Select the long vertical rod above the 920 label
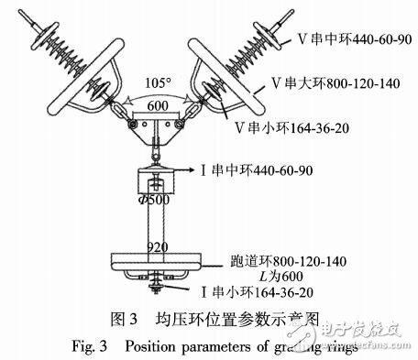[159, 220]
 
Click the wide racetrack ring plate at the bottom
[159, 258]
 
